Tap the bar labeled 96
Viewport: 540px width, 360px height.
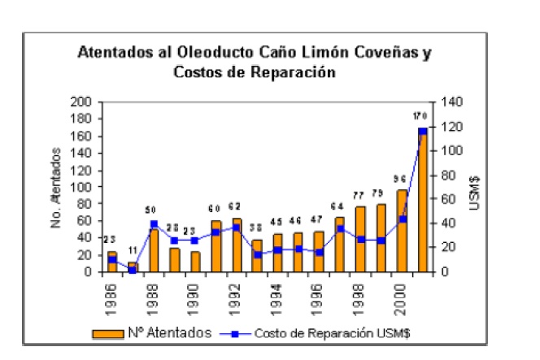402,231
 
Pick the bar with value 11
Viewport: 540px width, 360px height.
132,267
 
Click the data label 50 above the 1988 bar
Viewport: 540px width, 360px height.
152,210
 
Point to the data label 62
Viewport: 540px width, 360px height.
237,206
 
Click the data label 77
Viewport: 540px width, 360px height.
359,196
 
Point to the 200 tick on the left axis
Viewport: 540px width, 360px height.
83,102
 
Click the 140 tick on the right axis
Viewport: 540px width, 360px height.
451,102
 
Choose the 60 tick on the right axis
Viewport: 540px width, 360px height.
448,199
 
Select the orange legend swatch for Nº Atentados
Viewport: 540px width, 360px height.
108,332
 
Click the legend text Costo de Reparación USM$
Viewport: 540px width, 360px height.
306,332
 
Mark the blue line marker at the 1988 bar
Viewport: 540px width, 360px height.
152,224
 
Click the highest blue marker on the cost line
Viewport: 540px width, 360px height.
422,131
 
